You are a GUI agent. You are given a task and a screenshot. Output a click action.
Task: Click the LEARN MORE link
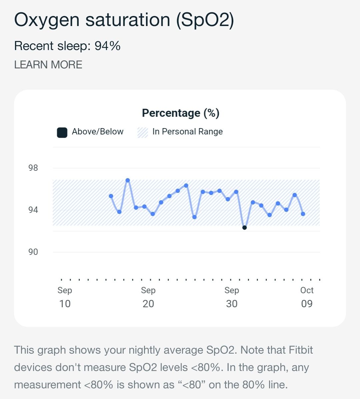pyautogui.click(x=48, y=65)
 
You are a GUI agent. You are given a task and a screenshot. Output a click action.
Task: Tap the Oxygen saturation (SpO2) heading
pyautogui.click(x=124, y=20)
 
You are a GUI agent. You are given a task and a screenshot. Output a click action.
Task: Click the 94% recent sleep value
pyautogui.click(x=107, y=46)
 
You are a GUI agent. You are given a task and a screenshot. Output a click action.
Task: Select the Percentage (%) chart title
pyautogui.click(x=181, y=113)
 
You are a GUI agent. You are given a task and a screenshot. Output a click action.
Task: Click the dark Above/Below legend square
pyautogui.click(x=62, y=132)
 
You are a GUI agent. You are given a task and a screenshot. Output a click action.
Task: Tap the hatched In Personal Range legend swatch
pyautogui.click(x=142, y=132)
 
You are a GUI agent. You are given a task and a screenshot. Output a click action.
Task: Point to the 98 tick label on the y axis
pyautogui.click(x=33, y=168)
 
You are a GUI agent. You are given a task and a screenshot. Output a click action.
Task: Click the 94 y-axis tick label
pyautogui.click(x=33, y=210)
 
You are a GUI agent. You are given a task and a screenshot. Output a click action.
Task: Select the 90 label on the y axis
pyautogui.click(x=33, y=252)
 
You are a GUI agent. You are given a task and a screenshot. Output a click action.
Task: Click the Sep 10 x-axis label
pyautogui.click(x=65, y=297)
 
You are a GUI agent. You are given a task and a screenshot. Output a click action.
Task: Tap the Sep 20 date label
pyautogui.click(x=148, y=297)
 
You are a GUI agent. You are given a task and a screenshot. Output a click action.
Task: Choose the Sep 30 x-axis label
pyautogui.click(x=232, y=297)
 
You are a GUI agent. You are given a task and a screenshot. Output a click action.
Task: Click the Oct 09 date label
pyautogui.click(x=307, y=297)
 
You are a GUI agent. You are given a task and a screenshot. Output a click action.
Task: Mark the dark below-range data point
pyautogui.click(x=244, y=228)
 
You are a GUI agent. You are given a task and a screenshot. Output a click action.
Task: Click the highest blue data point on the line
pyautogui.click(x=128, y=180)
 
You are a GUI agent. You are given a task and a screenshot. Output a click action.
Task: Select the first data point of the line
pyautogui.click(x=111, y=196)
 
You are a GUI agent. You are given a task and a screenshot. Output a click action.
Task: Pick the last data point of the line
pyautogui.click(x=303, y=214)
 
